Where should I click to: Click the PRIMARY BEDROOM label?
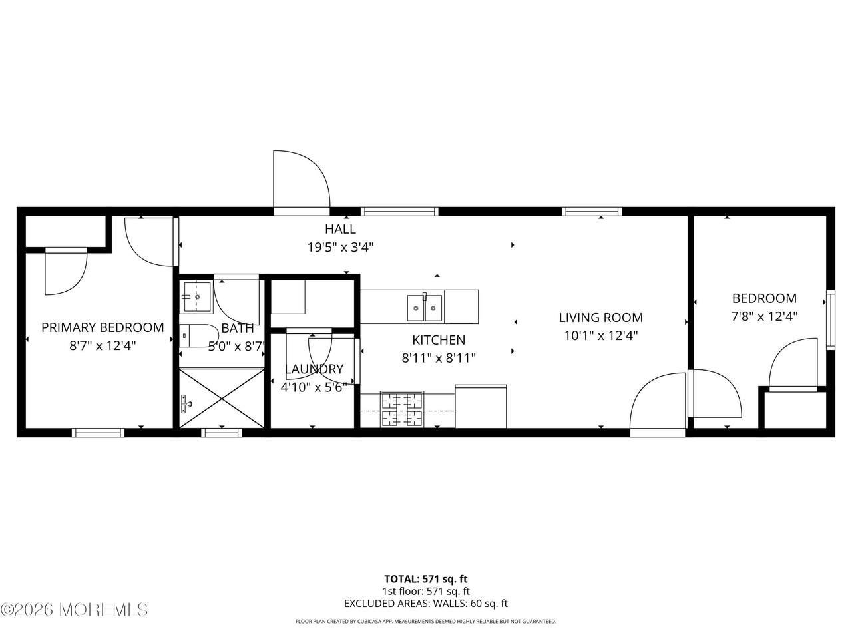point(103,328)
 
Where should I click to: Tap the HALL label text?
point(340,229)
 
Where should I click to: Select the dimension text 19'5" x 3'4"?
point(340,247)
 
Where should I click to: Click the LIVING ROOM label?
point(601,318)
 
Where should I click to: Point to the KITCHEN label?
point(439,340)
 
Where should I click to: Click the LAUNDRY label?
point(314,369)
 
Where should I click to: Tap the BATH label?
point(238,328)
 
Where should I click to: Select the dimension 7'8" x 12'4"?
point(764,317)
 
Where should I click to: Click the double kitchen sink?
point(425,308)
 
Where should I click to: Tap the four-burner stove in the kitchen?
point(402,409)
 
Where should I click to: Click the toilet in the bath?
point(197,336)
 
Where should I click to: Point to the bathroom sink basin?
point(197,297)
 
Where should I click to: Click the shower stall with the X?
point(222,399)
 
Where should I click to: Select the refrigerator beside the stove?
point(481,406)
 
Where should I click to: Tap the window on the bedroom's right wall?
point(830,319)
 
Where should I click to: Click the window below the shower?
point(222,433)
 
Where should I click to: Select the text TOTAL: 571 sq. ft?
point(426,579)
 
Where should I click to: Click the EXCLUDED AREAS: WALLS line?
point(426,604)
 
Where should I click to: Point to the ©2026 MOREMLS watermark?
point(74,610)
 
